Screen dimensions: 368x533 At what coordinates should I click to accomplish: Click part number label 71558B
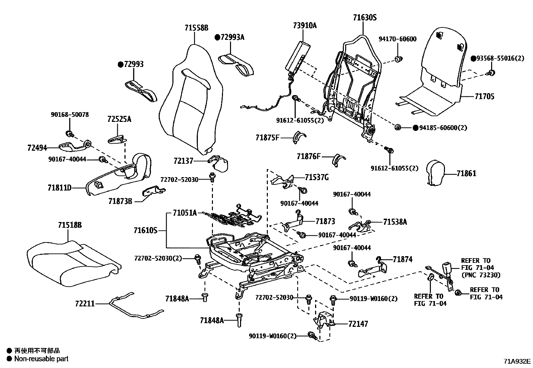(x=196, y=28)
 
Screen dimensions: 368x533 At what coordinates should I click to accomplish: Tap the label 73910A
(x=304, y=25)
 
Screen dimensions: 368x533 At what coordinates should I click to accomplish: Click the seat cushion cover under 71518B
(x=72, y=265)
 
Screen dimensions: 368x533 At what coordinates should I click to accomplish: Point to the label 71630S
(x=365, y=17)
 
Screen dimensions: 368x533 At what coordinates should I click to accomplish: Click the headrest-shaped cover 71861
(x=436, y=172)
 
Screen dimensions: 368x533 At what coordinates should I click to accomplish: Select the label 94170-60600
(x=397, y=39)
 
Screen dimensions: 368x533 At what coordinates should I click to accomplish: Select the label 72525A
(x=119, y=119)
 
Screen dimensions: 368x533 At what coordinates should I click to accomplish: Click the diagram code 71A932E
(x=517, y=361)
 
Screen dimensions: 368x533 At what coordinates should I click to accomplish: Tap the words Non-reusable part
(x=41, y=359)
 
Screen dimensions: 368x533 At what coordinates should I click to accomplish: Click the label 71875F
(x=267, y=137)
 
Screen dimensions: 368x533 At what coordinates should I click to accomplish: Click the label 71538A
(x=395, y=222)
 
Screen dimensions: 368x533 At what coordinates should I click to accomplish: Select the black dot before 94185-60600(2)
(x=415, y=128)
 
